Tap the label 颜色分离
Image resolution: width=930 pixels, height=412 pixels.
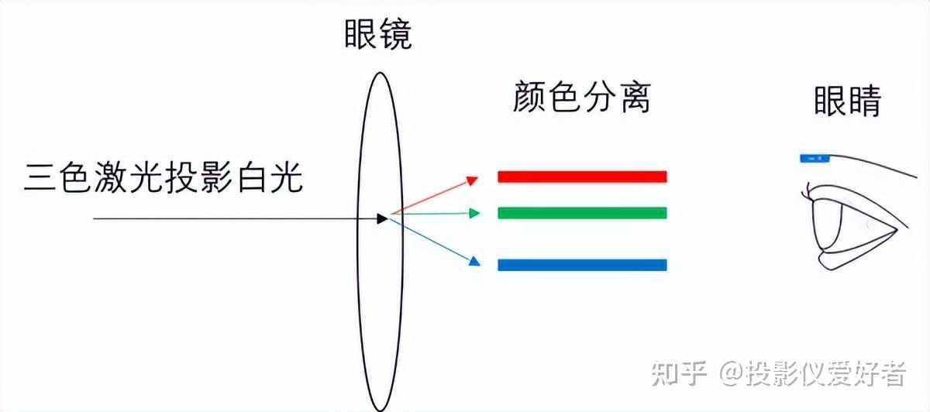tap(581, 98)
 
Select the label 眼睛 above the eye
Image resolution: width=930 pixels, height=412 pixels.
tap(847, 101)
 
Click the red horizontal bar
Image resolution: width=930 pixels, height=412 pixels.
tap(581, 177)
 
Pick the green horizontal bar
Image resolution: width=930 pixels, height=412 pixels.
tap(581, 213)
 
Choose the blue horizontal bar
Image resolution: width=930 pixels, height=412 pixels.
tap(581, 265)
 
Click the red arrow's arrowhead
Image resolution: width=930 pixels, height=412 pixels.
tap(472, 180)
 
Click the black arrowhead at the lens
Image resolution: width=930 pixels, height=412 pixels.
tap(381, 219)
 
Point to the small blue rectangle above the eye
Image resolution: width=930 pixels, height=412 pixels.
tap(814, 158)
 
